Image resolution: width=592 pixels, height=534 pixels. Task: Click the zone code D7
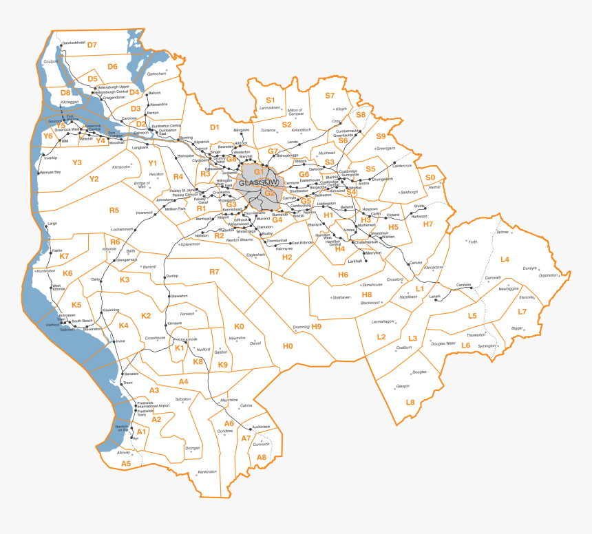click(x=92, y=45)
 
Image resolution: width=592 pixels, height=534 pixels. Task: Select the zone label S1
click(x=271, y=100)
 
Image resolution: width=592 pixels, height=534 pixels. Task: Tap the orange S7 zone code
click(x=330, y=96)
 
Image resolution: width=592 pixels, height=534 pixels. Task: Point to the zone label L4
click(x=505, y=259)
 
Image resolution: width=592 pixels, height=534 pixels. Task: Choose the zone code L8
click(x=410, y=402)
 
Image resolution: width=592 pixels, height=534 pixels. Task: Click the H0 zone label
click(x=288, y=345)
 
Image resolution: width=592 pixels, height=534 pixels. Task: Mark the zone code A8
click(x=262, y=457)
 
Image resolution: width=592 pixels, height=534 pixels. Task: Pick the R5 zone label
click(x=114, y=210)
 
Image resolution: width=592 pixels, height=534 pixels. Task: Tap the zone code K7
click(x=64, y=256)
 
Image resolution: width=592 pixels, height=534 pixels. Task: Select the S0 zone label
click(x=430, y=177)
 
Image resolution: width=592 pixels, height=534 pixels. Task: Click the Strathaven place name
click(x=341, y=297)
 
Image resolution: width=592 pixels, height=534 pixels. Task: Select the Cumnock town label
click(x=261, y=444)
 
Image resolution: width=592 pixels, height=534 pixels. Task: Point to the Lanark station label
click(x=434, y=297)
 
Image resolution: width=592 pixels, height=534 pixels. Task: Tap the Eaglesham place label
click(x=255, y=255)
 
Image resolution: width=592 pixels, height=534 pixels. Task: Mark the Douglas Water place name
click(x=443, y=343)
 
